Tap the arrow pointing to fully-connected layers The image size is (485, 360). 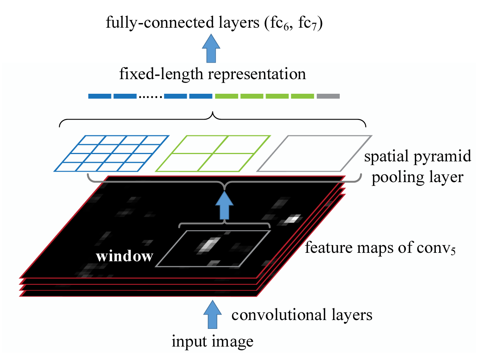211,48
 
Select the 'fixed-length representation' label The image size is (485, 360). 212,73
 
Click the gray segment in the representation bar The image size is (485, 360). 328,96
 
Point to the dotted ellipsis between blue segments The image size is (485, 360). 150,96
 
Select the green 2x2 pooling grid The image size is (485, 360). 213,154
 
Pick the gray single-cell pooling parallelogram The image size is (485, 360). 314,154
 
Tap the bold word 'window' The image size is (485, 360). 124,256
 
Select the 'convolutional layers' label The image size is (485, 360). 302,315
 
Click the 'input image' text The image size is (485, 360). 213,341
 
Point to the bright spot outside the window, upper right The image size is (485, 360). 292,219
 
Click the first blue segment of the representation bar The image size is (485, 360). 99,96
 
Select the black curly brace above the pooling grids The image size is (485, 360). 213,117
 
